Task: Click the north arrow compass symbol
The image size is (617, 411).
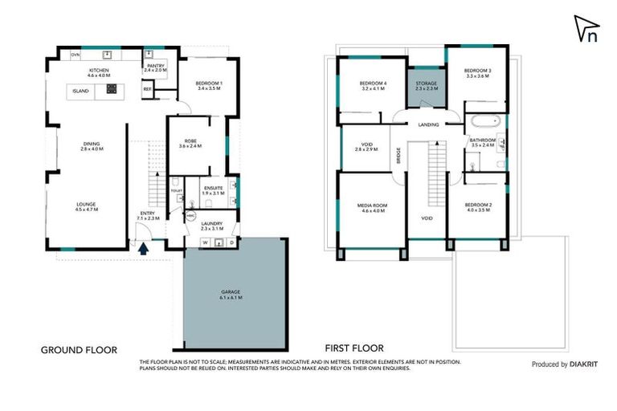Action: pos(587,30)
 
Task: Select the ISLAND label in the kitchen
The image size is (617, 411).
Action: pos(80,92)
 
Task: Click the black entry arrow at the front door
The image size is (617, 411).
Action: pos(144,249)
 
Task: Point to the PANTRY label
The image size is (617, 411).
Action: pos(155,65)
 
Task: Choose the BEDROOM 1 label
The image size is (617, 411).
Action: pos(209,83)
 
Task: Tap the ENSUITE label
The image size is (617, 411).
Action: pos(213,188)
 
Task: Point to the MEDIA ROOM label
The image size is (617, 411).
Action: pos(372,205)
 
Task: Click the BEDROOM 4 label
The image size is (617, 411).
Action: pos(374,83)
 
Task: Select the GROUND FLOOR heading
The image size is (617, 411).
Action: pos(79,349)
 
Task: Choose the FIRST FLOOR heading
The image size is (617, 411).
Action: pos(353,348)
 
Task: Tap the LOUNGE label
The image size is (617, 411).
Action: pos(85,204)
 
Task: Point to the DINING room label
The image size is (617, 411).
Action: pos(90,144)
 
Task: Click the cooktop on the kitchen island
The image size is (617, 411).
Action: pos(111,91)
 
